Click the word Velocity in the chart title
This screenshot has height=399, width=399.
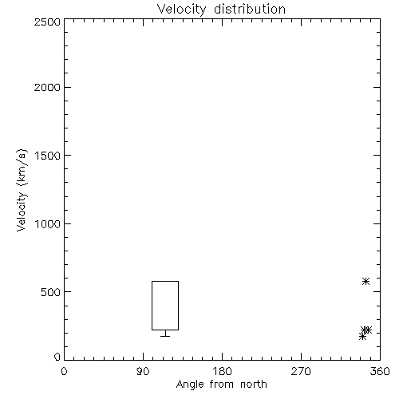[181, 10]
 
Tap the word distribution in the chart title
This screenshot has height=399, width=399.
[250, 9]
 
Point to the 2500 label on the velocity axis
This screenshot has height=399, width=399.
[47, 22]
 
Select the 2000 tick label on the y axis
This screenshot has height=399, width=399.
[47, 87]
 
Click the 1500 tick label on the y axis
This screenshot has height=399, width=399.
[48, 156]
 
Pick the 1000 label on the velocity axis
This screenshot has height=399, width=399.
[48, 224]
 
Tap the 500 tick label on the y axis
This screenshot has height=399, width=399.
[51, 292]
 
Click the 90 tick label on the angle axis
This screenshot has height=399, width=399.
[143, 371]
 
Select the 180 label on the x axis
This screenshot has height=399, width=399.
[222, 371]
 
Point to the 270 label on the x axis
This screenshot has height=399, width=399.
[301, 371]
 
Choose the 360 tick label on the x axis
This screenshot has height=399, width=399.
[380, 371]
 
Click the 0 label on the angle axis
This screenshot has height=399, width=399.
[64, 371]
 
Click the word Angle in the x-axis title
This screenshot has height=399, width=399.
[190, 385]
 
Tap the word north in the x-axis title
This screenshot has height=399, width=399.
[254, 384]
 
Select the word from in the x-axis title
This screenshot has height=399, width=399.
[223, 384]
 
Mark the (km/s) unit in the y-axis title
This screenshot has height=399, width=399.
[22, 168]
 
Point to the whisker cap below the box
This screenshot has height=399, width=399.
[165, 336]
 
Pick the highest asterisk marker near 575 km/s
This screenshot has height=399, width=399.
[366, 281]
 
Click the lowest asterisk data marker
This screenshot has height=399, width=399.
[362, 337]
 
